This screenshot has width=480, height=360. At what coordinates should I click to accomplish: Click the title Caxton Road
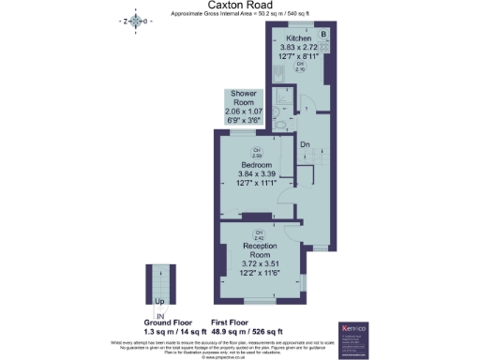click(x=239, y=5)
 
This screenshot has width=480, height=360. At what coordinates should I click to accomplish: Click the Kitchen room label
click(x=298, y=38)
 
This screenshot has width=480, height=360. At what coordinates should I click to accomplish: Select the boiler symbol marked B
click(x=324, y=36)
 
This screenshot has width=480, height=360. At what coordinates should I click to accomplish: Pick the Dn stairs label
click(x=305, y=144)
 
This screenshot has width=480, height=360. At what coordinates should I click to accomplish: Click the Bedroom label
click(x=256, y=164)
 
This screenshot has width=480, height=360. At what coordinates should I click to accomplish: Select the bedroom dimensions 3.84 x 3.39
click(x=256, y=173)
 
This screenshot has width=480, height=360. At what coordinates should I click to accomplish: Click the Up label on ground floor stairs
click(x=158, y=302)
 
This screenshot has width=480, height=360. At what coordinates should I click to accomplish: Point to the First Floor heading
click(x=247, y=322)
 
